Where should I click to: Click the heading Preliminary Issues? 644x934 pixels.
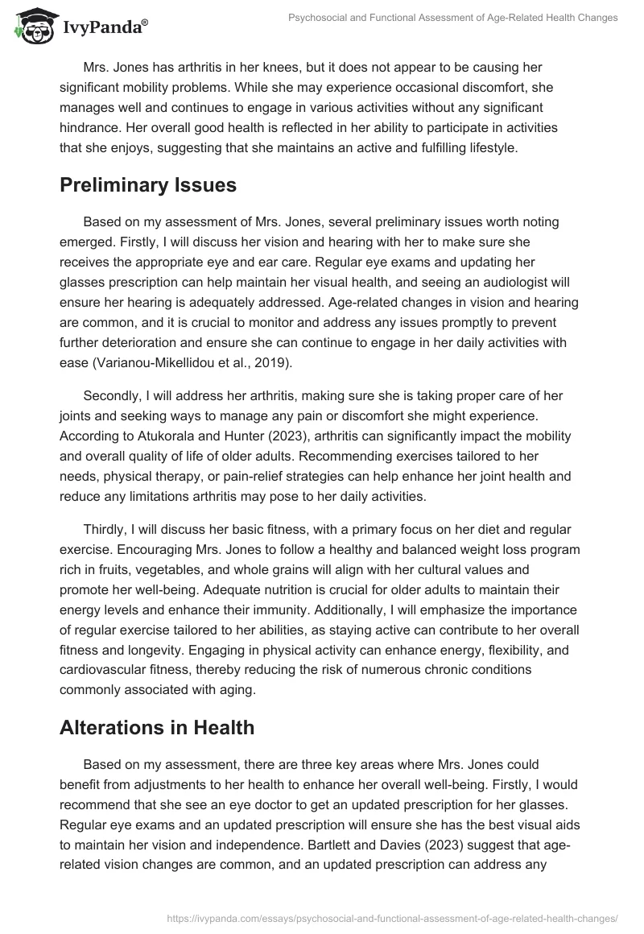148,185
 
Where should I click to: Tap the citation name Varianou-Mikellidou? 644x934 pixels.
162,364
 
